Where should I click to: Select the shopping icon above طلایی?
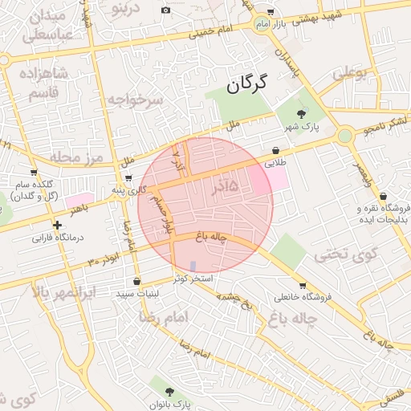click(276, 150)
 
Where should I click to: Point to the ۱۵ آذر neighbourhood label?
click(225, 187)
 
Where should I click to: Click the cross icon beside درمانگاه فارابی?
click(57, 226)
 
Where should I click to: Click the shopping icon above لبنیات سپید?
click(136, 282)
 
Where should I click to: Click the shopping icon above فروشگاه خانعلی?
click(302, 285)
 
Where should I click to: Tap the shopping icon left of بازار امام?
click(270, 13)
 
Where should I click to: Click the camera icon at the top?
click(165, 10)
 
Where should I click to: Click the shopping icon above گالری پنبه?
click(128, 177)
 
